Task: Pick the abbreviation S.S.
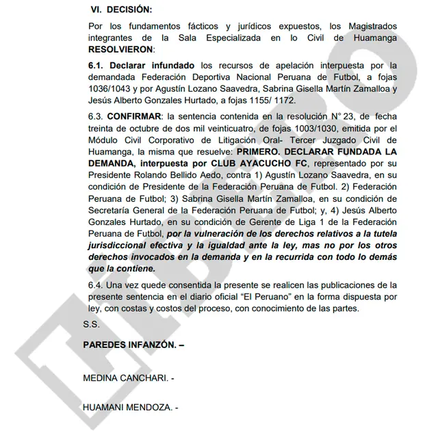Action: click(92, 323)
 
